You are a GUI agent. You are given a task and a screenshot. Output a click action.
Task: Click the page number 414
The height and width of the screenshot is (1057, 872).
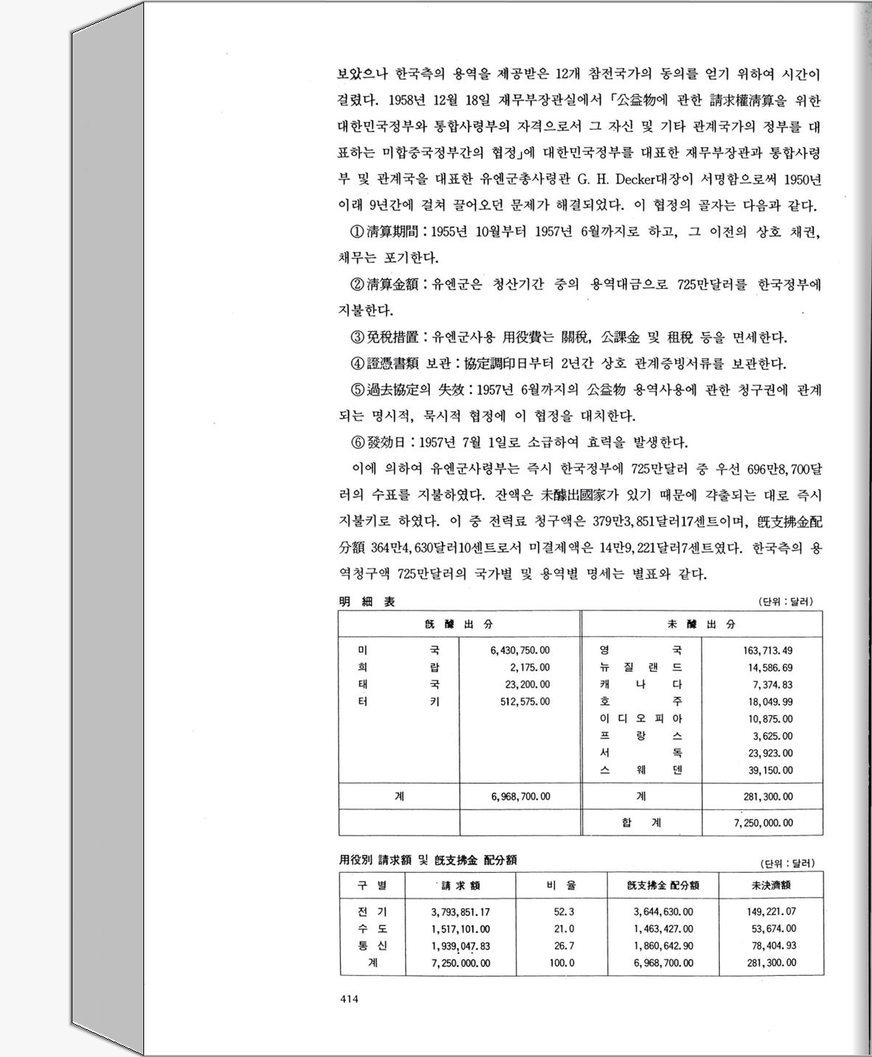pos(348,1001)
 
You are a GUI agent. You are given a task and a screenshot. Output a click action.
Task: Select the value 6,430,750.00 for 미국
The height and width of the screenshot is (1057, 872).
pos(519,650)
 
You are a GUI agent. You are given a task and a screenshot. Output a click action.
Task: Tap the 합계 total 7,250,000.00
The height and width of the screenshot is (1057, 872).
pos(763,822)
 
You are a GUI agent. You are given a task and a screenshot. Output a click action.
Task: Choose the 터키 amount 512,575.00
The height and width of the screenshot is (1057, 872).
pos(522,701)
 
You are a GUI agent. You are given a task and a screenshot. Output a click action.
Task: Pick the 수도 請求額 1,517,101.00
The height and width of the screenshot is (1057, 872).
pos(460,928)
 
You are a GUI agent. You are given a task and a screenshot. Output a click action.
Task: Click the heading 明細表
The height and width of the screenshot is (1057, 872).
pos(367,602)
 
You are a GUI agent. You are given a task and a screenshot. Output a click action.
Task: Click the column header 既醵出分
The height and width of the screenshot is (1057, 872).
pos(459,624)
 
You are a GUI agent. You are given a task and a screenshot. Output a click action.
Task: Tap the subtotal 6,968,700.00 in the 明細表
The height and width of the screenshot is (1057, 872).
pos(520,796)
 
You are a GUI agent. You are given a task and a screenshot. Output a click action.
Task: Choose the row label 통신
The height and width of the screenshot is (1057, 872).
pos(372,945)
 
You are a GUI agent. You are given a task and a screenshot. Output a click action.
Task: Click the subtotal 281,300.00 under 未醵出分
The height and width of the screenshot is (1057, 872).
pos(767,796)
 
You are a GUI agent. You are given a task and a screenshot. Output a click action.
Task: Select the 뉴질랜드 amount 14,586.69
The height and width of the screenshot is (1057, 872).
pos(770,667)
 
